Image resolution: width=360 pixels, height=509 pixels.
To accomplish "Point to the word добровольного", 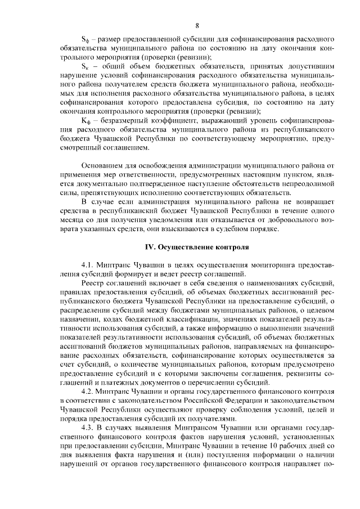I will coord(277,219).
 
